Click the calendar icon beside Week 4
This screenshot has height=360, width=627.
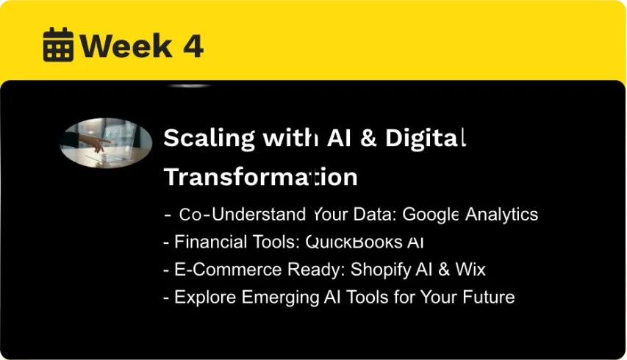click(58, 44)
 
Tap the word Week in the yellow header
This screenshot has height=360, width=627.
click(126, 46)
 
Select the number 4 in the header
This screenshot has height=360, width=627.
click(193, 46)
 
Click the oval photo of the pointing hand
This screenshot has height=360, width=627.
click(106, 143)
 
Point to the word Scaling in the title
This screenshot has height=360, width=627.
click(209, 139)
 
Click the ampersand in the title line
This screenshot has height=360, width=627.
click(368, 138)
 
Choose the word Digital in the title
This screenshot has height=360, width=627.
click(426, 139)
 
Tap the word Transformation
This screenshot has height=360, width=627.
click(261, 176)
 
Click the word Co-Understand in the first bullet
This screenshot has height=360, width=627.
click(243, 215)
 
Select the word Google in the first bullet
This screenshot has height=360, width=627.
click(430, 215)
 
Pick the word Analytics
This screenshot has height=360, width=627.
click(501, 215)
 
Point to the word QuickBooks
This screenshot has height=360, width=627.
click(354, 242)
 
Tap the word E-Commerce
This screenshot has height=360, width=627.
click(228, 270)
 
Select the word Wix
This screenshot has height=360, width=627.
click(470, 270)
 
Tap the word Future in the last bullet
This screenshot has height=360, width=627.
click(489, 297)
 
